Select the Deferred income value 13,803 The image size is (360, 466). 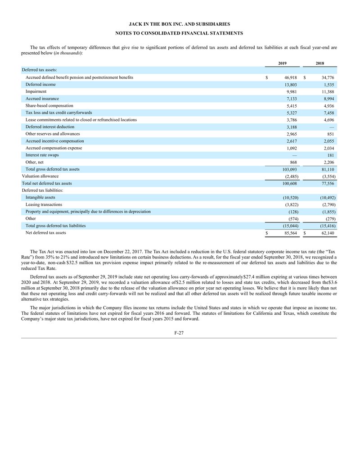[x=288, y=85]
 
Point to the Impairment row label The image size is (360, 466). [x=36, y=91]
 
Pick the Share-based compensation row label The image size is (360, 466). [x=49, y=105]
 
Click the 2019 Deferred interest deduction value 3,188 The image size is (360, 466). [x=289, y=127]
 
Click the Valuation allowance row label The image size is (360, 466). [x=40, y=176]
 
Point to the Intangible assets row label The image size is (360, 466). [x=40, y=197]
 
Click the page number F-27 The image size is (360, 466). [x=180, y=333]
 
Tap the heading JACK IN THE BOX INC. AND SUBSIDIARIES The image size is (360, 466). [x=180, y=23]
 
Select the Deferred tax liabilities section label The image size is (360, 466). [x=42, y=190]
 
